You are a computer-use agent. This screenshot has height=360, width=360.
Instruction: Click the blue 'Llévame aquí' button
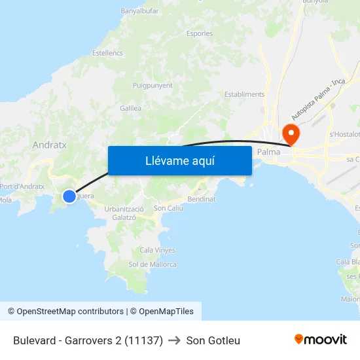tap(179, 160)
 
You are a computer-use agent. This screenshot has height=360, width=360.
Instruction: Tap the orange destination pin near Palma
tap(290, 134)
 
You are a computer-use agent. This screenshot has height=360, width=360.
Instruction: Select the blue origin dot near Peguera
tap(69, 196)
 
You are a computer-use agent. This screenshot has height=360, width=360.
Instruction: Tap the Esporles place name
tap(199, 33)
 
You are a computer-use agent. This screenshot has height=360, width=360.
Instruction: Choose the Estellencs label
tap(107, 52)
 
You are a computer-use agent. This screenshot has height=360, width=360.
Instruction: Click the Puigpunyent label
tap(153, 85)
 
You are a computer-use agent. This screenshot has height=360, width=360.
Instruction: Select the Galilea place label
tap(131, 109)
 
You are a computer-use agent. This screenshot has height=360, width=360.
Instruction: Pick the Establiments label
tap(244, 94)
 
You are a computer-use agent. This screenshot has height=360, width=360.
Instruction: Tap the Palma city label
tap(268, 152)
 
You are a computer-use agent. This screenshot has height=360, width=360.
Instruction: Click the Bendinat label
tap(202, 198)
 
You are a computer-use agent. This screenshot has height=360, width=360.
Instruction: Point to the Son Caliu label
tap(168, 208)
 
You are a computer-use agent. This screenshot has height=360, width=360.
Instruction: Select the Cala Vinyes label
tap(157, 250)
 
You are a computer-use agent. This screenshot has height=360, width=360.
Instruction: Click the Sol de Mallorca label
tap(153, 264)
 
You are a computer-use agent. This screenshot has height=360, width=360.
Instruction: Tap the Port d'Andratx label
tap(22, 187)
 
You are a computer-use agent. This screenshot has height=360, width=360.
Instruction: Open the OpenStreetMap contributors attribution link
tap(65, 312)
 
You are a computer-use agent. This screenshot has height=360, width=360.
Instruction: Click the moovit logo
tap(320, 340)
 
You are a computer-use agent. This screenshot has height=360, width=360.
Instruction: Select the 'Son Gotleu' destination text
tap(213, 340)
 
